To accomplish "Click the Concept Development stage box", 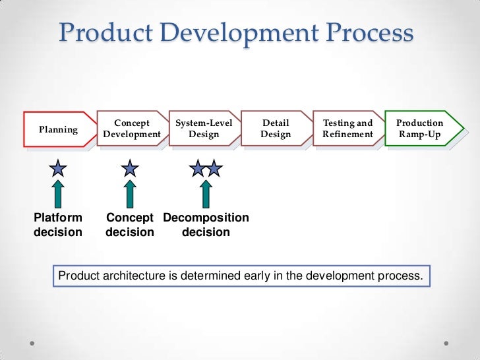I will tap(132, 129).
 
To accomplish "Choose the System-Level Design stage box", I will tap(204, 129).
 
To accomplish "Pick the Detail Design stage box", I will tap(276, 129).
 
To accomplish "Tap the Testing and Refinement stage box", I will tap(347, 129).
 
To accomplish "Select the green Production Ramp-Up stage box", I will tap(420, 129).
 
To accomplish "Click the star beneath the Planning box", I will tap(58, 169).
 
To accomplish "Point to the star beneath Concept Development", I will tap(130, 169).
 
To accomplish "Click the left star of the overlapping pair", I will tap(198, 169).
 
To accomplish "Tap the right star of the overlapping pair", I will tap(213, 169).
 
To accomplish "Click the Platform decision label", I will tap(58, 225).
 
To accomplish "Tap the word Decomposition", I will tap(206, 218).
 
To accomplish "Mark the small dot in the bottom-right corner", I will tap(448, 344).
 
